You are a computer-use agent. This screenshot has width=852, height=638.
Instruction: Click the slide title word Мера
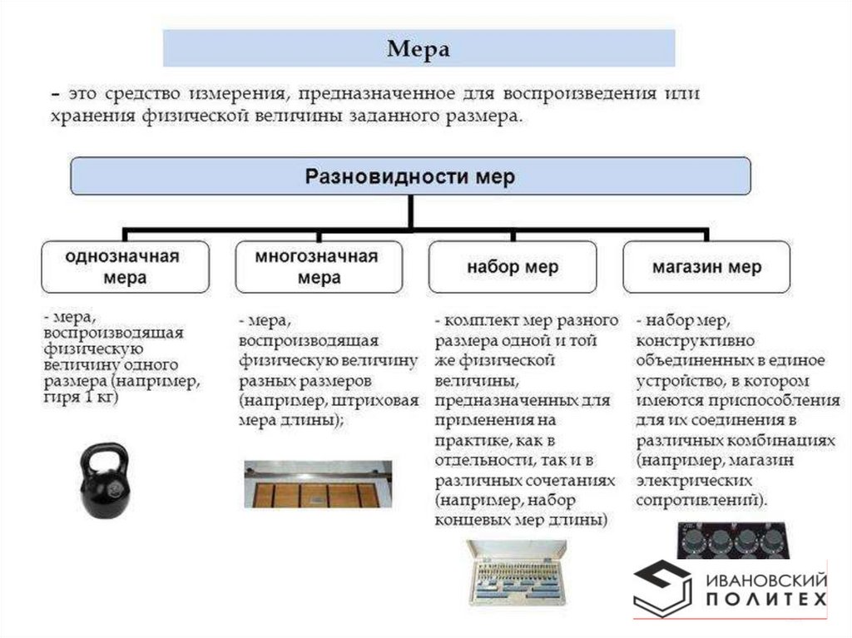coord(419,49)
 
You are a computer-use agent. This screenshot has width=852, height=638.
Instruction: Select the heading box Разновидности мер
coord(410,176)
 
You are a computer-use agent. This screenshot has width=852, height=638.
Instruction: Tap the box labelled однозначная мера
coord(125,266)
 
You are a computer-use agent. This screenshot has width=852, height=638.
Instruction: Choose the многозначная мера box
coord(319,266)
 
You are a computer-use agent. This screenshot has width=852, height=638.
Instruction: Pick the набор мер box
coord(513,267)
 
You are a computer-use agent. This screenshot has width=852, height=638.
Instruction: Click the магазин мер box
coord(706,267)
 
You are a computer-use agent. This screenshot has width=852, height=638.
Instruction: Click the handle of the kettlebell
coord(106,455)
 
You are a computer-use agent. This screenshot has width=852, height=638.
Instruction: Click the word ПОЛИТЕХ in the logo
coord(766,600)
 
